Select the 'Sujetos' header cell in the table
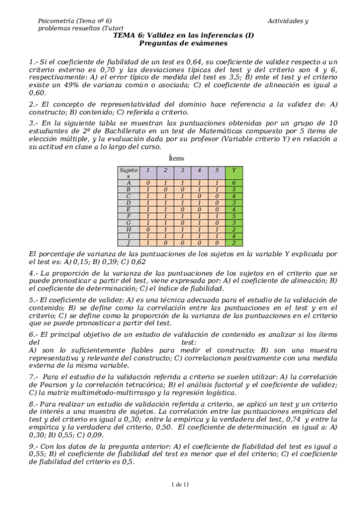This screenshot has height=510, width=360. tap(128, 173)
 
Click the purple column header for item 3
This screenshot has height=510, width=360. tap(182, 170)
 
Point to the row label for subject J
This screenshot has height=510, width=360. tap(128, 244)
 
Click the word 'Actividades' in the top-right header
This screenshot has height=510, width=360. tap(284, 21)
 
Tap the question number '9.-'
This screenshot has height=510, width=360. tap(34, 447)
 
